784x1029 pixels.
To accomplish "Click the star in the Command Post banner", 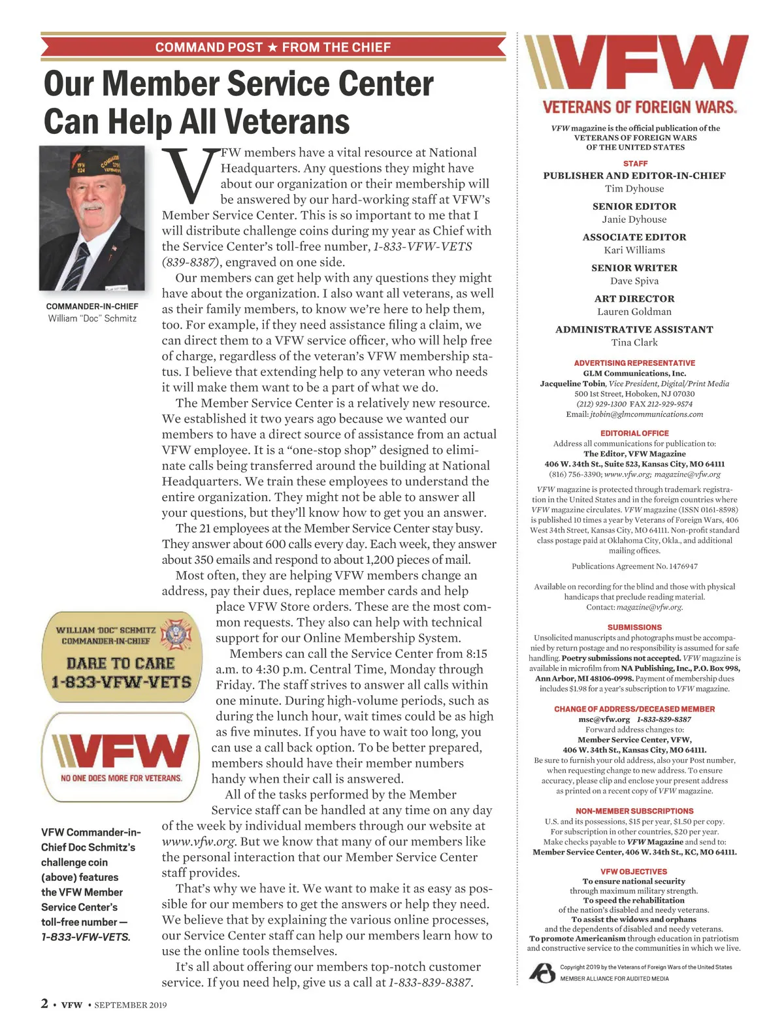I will [272, 48].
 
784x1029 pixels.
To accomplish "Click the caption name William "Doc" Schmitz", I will [92, 318].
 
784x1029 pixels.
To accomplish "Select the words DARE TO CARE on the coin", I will [121, 663].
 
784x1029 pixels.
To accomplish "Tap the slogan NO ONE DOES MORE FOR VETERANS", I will [122, 778].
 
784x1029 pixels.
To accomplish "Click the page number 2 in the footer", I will [44, 1004].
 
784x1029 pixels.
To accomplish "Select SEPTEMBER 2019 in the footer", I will [130, 1005].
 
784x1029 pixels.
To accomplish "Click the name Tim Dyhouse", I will [634, 189].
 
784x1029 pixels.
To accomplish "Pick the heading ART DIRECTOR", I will [634, 299].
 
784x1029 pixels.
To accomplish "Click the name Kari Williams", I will [634, 250].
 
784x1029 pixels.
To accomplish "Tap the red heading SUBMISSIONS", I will [634, 627].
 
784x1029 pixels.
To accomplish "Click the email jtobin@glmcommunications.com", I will [646, 414].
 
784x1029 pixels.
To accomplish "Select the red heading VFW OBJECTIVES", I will [634, 872].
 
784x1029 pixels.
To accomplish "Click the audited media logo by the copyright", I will [542, 972].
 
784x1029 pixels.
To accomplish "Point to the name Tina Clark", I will [634, 342].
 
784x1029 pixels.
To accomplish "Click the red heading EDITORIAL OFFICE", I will [634, 433].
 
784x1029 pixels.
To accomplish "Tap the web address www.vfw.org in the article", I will [198, 841].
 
